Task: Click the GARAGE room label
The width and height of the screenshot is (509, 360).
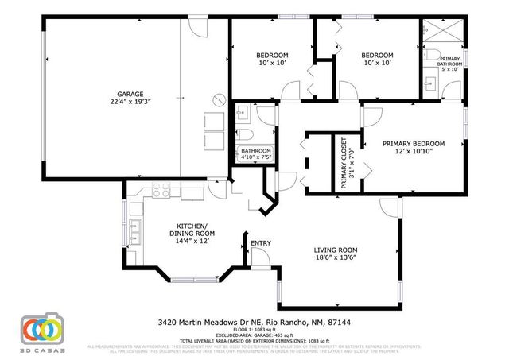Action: tap(130, 94)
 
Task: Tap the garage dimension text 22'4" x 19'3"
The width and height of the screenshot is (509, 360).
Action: tap(130, 103)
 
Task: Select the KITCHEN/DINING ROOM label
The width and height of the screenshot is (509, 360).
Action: tap(192, 230)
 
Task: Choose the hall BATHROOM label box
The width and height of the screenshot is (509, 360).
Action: tap(255, 154)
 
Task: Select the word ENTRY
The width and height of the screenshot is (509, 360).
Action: tap(260, 244)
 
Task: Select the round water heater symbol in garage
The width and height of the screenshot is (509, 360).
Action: tap(218, 101)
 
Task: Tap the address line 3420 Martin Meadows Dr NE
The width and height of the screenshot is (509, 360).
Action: tap(254, 323)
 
